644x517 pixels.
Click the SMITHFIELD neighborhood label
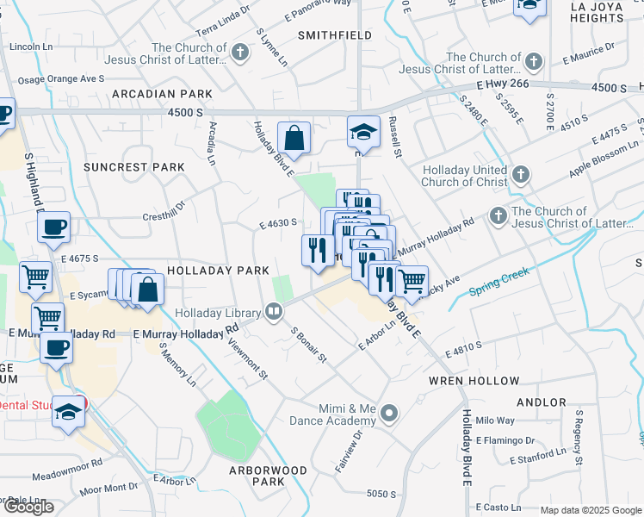tap(335, 35)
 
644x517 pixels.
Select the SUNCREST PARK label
tap(134, 166)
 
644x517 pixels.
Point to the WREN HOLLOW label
tap(474, 381)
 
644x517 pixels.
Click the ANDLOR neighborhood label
tap(541, 402)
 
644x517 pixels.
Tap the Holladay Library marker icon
tap(274, 311)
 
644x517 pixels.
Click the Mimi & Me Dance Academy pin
tap(389, 414)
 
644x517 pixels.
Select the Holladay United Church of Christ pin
tap(520, 176)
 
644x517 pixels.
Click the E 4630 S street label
tap(278, 223)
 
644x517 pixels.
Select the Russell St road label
tap(396, 138)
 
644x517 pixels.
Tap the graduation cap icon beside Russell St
tap(363, 132)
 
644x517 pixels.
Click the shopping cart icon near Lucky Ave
tap(412, 279)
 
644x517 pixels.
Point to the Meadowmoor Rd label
tap(67, 475)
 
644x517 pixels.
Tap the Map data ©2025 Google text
tap(591, 510)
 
